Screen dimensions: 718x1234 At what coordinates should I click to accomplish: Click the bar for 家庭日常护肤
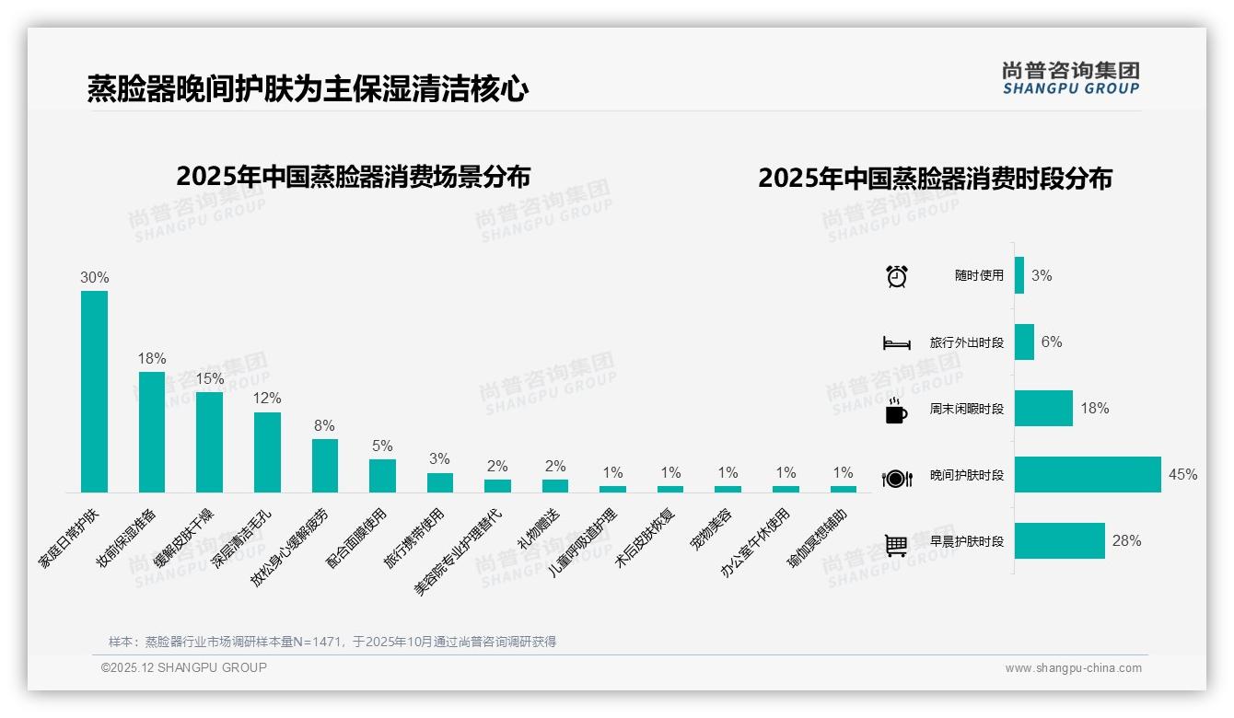[94, 391]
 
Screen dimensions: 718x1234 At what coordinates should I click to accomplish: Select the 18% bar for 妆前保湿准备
[152, 432]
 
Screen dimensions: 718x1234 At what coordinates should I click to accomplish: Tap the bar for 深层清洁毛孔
[267, 452]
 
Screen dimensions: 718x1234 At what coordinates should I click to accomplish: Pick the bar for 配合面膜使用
[382, 476]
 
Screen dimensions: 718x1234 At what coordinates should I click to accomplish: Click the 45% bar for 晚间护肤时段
[1088, 475]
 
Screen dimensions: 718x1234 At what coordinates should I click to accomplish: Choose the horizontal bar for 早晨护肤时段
[1059, 541]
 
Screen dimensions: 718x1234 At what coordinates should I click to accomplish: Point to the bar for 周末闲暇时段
[1043, 409]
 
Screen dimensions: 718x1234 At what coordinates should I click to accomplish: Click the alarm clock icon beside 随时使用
[896, 276]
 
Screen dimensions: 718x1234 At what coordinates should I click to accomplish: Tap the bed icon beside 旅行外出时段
[896, 343]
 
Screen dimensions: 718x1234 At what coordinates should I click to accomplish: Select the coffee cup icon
[896, 411]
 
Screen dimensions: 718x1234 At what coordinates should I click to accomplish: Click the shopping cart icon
[896, 545]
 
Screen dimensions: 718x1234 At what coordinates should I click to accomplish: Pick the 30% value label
[95, 277]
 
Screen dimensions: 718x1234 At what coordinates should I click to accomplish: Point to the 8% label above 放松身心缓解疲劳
[324, 426]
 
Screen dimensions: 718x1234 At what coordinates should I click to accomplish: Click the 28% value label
[1126, 541]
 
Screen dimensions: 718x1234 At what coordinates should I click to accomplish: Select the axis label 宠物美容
[712, 529]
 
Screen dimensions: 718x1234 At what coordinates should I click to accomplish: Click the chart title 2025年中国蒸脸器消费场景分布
[353, 176]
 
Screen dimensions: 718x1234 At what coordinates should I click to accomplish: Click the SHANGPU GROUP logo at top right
[1070, 77]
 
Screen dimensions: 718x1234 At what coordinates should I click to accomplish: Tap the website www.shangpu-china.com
[1073, 668]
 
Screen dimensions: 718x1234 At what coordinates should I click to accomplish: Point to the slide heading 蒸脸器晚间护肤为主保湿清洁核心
[308, 89]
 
